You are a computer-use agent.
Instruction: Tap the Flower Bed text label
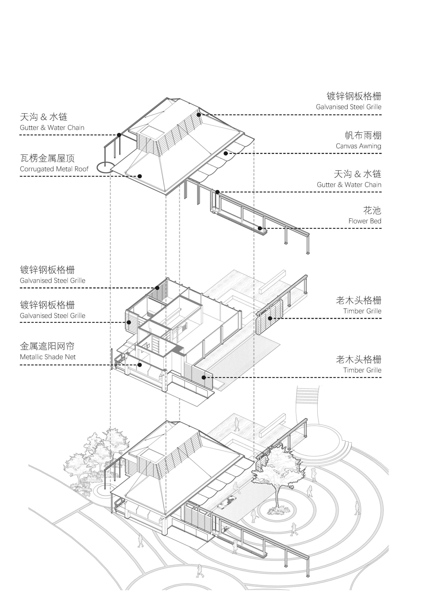click(365, 221)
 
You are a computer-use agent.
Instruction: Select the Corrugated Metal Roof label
click(54, 169)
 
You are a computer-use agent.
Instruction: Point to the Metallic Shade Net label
click(48, 357)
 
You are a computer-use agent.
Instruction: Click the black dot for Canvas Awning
click(226, 153)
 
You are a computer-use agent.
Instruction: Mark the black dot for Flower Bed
click(260, 228)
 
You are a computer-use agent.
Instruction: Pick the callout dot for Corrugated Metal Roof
click(140, 176)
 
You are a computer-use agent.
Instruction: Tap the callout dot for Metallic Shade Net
click(140, 365)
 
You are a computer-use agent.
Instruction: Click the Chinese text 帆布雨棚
click(363, 135)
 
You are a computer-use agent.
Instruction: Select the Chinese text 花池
click(372, 211)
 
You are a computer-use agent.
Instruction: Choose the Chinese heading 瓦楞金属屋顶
click(48, 158)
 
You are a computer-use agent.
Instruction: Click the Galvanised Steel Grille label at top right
click(348, 107)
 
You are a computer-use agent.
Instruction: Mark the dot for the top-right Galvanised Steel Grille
click(199, 115)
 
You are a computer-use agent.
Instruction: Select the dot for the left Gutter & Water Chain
click(119, 135)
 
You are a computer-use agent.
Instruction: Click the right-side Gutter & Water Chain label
click(349, 185)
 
